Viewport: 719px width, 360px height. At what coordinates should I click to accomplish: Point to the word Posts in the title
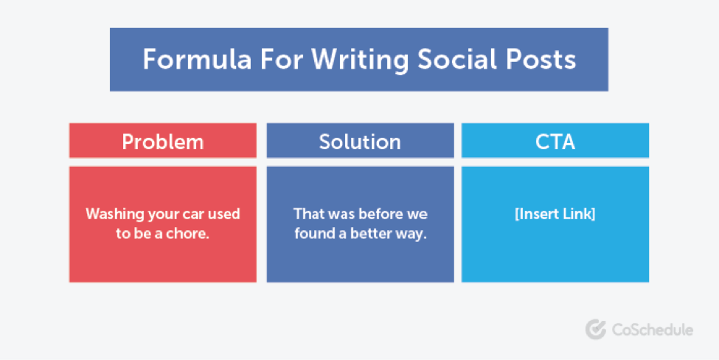538,60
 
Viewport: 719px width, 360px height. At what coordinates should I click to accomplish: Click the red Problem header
162,141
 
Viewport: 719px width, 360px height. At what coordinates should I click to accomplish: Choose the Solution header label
360,141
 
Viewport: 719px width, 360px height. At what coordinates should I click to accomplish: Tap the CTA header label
555,141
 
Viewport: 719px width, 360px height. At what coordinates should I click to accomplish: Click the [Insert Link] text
555,215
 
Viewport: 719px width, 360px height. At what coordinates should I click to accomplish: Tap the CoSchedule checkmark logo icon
595,330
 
